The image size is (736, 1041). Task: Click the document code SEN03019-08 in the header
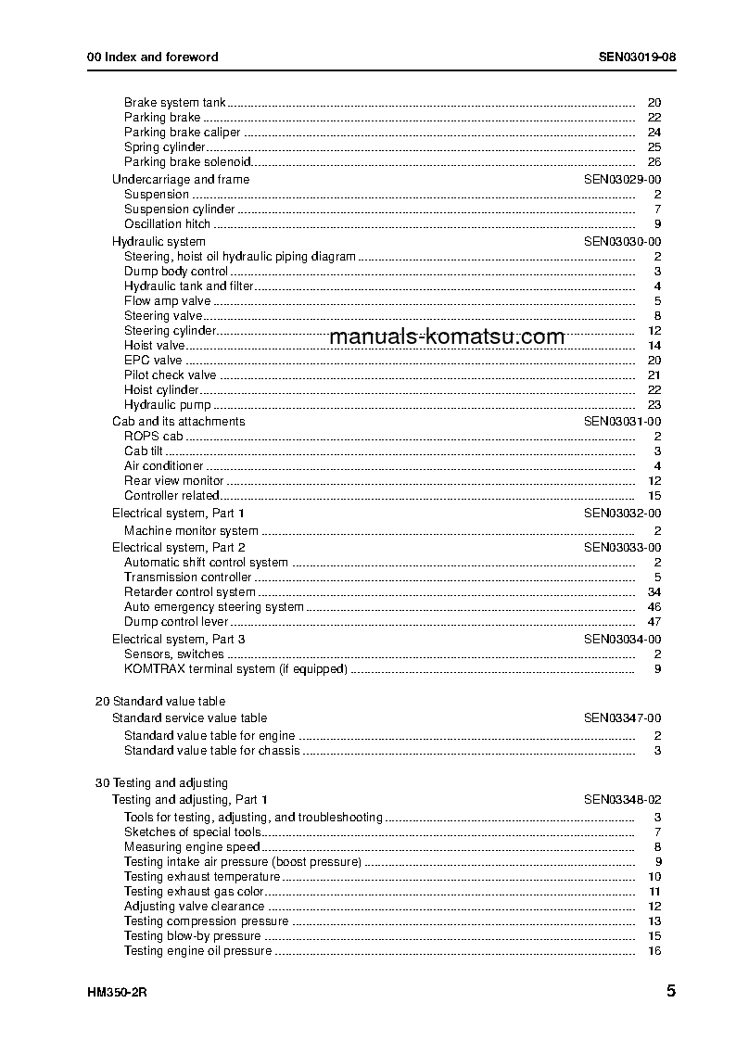pos(637,57)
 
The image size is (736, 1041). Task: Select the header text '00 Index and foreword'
pos(152,57)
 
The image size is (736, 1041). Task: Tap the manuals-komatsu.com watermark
pos(446,336)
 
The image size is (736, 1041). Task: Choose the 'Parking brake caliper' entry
pos(182,133)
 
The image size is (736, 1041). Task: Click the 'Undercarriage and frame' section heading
pos(181,180)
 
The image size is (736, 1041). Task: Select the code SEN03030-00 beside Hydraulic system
pos(622,242)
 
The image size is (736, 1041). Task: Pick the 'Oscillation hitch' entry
pos(167,224)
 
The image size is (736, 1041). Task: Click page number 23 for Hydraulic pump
pos(654,405)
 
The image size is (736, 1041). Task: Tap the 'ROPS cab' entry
pos(154,436)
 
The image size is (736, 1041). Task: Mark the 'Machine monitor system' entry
pos(191,531)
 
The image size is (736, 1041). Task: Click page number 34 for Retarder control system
pos(654,592)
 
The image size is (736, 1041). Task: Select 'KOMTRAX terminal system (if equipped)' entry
pos(235,669)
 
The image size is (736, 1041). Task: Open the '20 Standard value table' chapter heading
pos(160,702)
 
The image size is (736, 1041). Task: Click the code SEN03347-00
pos(622,718)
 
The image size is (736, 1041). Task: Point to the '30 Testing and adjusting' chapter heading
pos(161,783)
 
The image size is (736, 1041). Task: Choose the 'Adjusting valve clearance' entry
pos(194,907)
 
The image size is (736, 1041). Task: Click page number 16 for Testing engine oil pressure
pos(654,951)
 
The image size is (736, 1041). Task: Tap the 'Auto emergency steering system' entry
pos(214,607)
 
